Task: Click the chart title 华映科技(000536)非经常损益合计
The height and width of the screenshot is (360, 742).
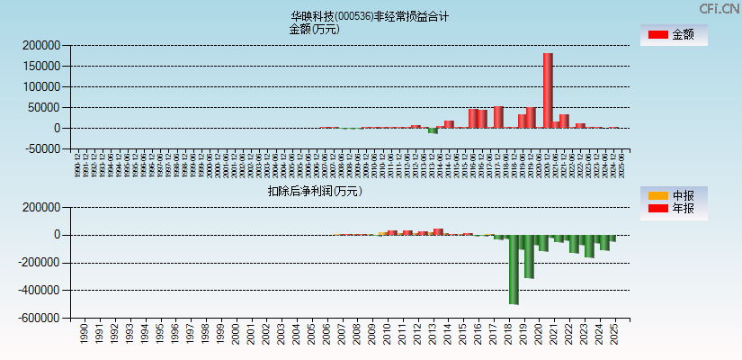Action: click(x=370, y=16)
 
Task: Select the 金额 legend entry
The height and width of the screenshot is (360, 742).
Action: click(x=674, y=34)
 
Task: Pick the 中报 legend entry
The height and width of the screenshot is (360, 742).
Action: click(x=674, y=195)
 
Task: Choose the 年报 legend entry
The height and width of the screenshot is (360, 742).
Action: click(x=674, y=209)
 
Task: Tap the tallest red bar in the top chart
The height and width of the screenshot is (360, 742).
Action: click(x=548, y=90)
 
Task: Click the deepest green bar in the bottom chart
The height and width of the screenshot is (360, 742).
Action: click(x=514, y=269)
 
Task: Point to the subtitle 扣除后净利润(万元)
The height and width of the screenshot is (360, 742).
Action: click(x=314, y=191)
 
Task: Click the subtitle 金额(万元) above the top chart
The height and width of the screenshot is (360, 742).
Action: click(x=314, y=29)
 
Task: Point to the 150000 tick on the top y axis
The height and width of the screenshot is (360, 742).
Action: click(x=42, y=66)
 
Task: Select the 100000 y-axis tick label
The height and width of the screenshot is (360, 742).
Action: click(x=42, y=86)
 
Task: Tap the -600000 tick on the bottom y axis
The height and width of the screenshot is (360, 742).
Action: click(x=40, y=319)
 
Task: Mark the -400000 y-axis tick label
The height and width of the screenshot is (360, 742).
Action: click(x=40, y=291)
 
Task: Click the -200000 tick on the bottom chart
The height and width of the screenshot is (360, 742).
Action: click(x=40, y=263)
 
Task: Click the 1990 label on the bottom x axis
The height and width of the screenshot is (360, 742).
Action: click(x=84, y=335)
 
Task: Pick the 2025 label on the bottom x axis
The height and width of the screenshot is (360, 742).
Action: click(x=613, y=335)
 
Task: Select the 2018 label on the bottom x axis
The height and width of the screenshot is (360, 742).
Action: click(x=508, y=335)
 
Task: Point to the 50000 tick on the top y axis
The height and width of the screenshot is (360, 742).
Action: click(x=45, y=107)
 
